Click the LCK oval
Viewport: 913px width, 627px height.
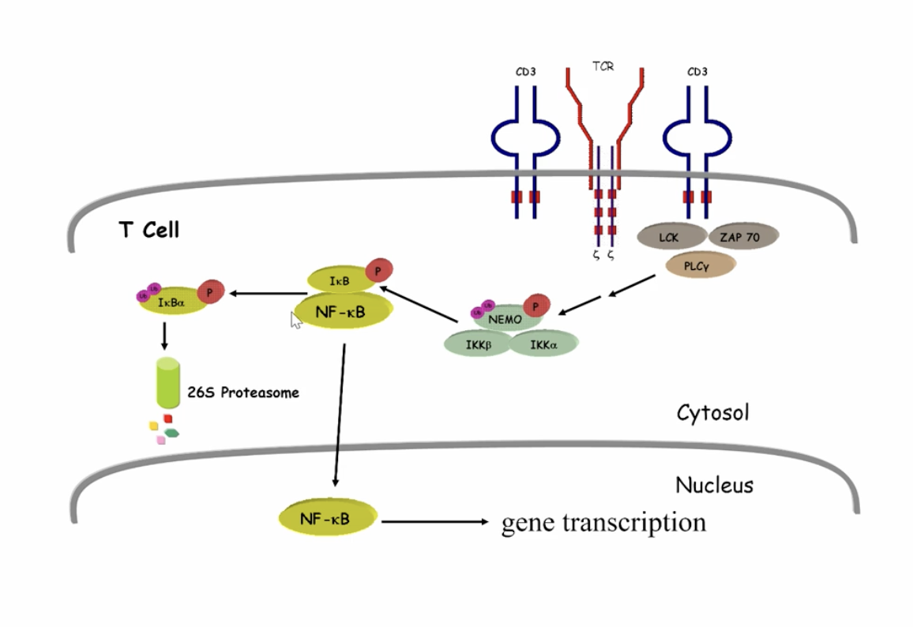click(669, 236)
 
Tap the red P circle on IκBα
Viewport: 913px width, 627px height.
click(210, 291)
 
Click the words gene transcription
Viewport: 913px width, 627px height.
click(603, 522)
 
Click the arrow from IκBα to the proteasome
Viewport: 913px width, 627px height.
click(165, 336)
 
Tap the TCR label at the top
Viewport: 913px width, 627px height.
click(603, 67)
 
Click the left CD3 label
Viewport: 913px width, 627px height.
click(526, 72)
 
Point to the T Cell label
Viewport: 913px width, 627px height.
click(149, 230)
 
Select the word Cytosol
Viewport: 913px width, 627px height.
click(712, 412)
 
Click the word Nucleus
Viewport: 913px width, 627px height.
click(714, 484)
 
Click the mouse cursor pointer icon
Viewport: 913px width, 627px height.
click(296, 320)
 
